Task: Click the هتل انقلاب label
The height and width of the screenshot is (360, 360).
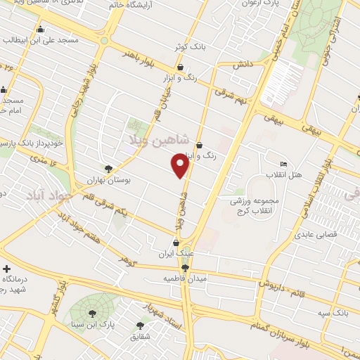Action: point(284,174)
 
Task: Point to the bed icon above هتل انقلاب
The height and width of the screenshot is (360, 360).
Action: point(283,164)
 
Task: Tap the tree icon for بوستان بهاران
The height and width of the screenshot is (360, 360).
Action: point(108,169)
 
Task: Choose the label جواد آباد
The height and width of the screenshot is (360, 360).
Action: point(53,195)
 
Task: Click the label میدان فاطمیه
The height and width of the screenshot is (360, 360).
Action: point(185,278)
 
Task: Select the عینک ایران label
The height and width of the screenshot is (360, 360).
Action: point(176,252)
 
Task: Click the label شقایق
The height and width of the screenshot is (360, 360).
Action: point(141,336)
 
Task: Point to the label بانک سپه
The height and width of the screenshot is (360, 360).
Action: point(331,310)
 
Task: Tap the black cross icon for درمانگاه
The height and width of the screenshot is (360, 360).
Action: point(7,269)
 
